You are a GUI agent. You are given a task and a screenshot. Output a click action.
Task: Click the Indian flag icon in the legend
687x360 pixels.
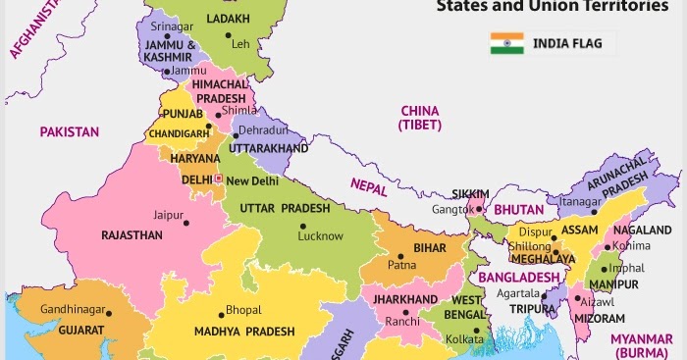(x=507, y=43)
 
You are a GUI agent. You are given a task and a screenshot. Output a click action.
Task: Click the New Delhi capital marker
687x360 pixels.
(x=219, y=180)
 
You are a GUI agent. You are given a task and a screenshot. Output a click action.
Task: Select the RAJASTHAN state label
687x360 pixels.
(x=132, y=235)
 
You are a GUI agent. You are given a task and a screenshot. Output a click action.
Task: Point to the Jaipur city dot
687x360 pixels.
(x=185, y=224)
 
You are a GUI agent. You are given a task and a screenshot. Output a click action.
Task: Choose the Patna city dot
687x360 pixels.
(x=398, y=254)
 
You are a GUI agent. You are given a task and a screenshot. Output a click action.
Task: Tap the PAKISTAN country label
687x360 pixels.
(x=69, y=131)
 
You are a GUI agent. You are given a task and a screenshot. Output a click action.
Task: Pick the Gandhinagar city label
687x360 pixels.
(x=72, y=310)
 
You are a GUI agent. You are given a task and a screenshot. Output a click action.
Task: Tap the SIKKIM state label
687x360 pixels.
(x=470, y=193)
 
